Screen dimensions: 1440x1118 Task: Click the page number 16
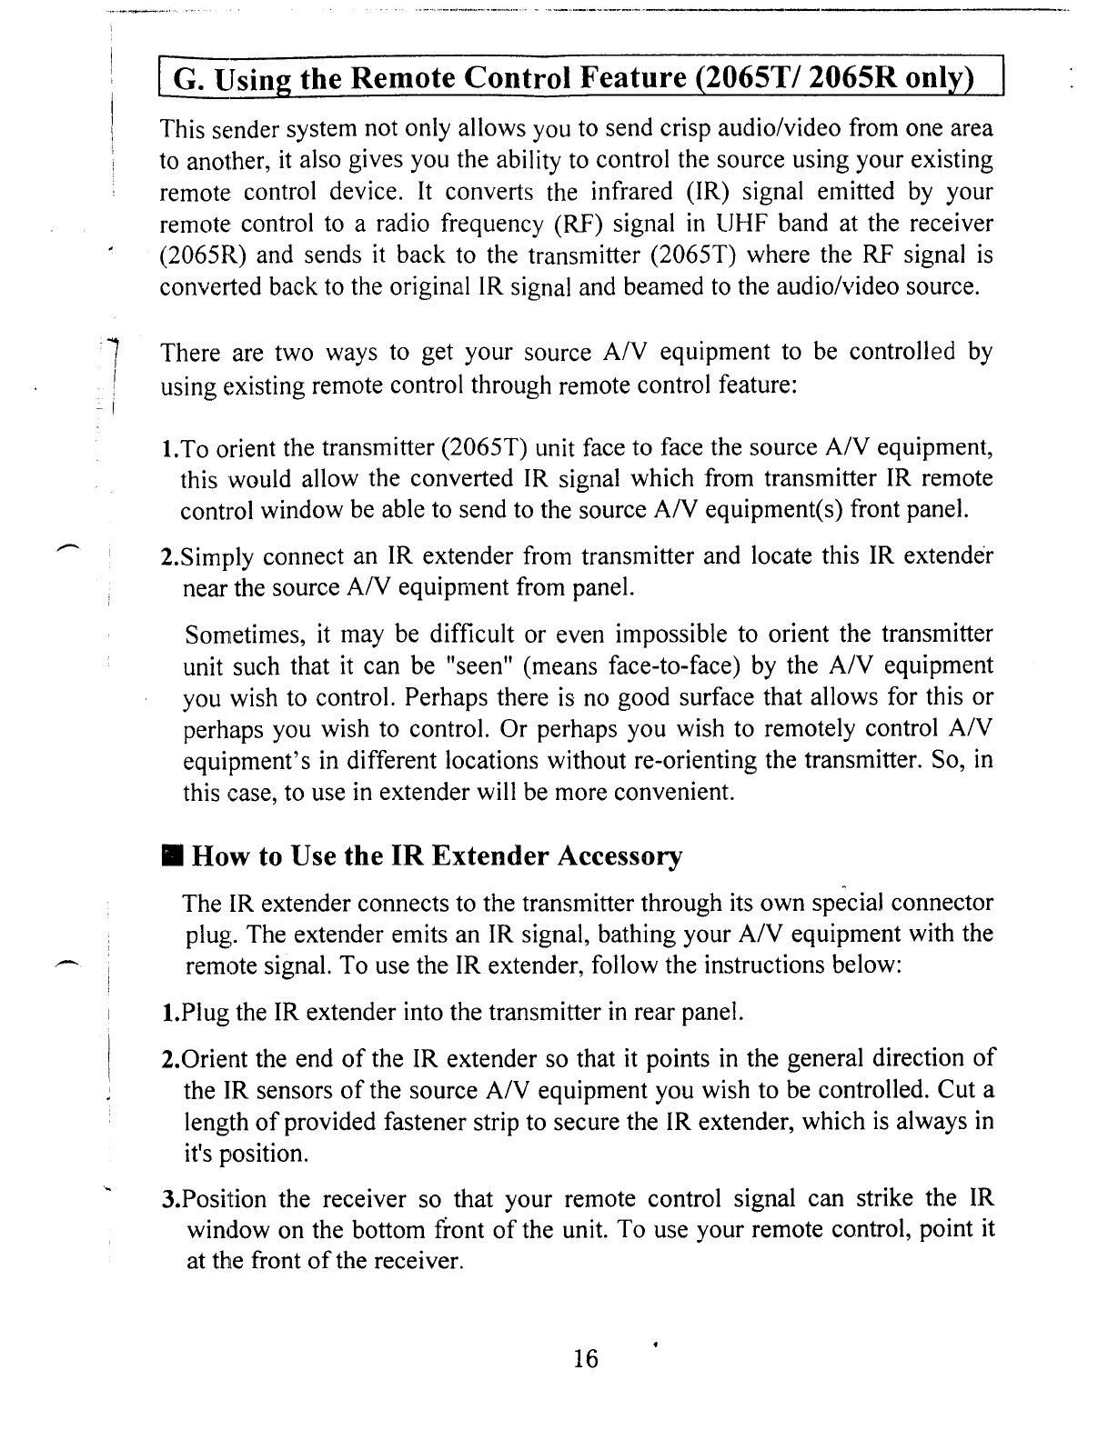587,1358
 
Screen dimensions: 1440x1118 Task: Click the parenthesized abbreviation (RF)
579,223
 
